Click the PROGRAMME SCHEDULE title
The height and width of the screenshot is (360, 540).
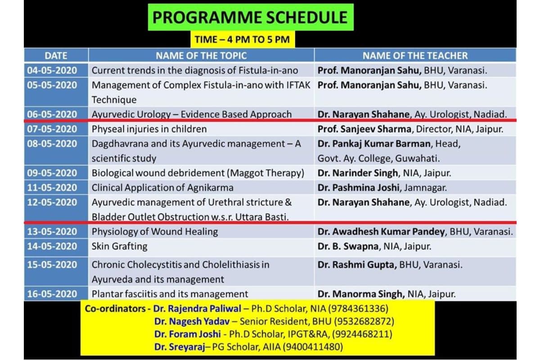coord(250,17)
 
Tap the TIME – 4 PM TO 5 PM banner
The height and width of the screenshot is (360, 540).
coord(242,40)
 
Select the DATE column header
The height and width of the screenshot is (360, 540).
coord(56,56)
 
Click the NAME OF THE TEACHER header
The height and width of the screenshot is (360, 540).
coord(415,56)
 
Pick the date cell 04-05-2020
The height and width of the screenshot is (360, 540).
coord(52,71)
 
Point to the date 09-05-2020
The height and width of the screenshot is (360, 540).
coord(52,173)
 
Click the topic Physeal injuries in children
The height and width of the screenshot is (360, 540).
coord(149,129)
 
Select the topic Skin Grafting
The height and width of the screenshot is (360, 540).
coord(119,246)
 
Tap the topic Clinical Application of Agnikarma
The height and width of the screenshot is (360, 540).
coord(162,188)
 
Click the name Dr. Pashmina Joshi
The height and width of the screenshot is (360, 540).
coord(355,188)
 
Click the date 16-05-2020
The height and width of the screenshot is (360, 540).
coord(52,294)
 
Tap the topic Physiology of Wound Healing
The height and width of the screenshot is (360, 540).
coord(155,232)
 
